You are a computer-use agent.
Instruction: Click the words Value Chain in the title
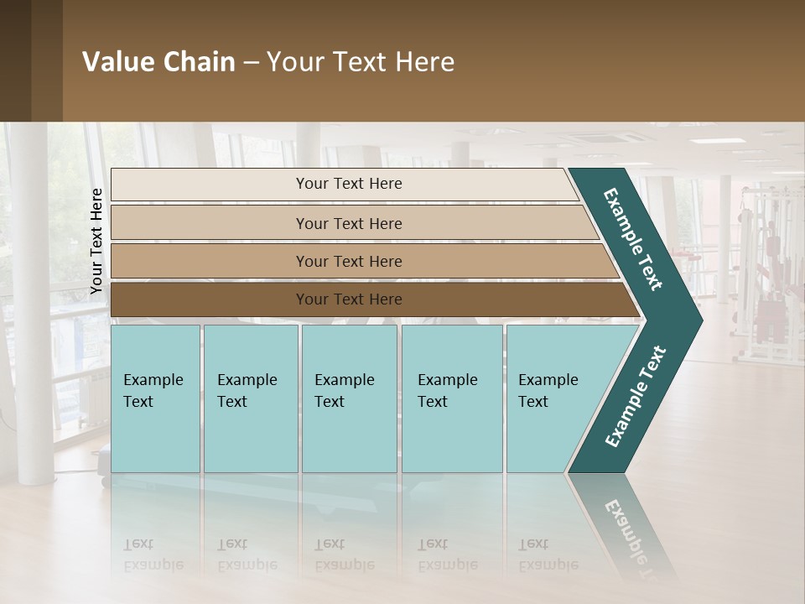[158, 62]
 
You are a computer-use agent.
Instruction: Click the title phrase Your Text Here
[361, 62]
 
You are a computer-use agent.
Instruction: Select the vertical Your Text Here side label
[96, 242]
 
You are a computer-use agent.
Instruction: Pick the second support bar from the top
[349, 223]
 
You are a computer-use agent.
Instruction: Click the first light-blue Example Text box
[155, 398]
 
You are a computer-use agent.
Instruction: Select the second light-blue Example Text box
[251, 398]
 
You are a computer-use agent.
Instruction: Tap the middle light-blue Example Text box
[349, 398]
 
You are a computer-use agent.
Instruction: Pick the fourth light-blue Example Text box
[452, 398]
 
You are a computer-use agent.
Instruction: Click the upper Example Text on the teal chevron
[633, 239]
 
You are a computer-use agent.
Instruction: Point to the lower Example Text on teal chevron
[635, 397]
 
